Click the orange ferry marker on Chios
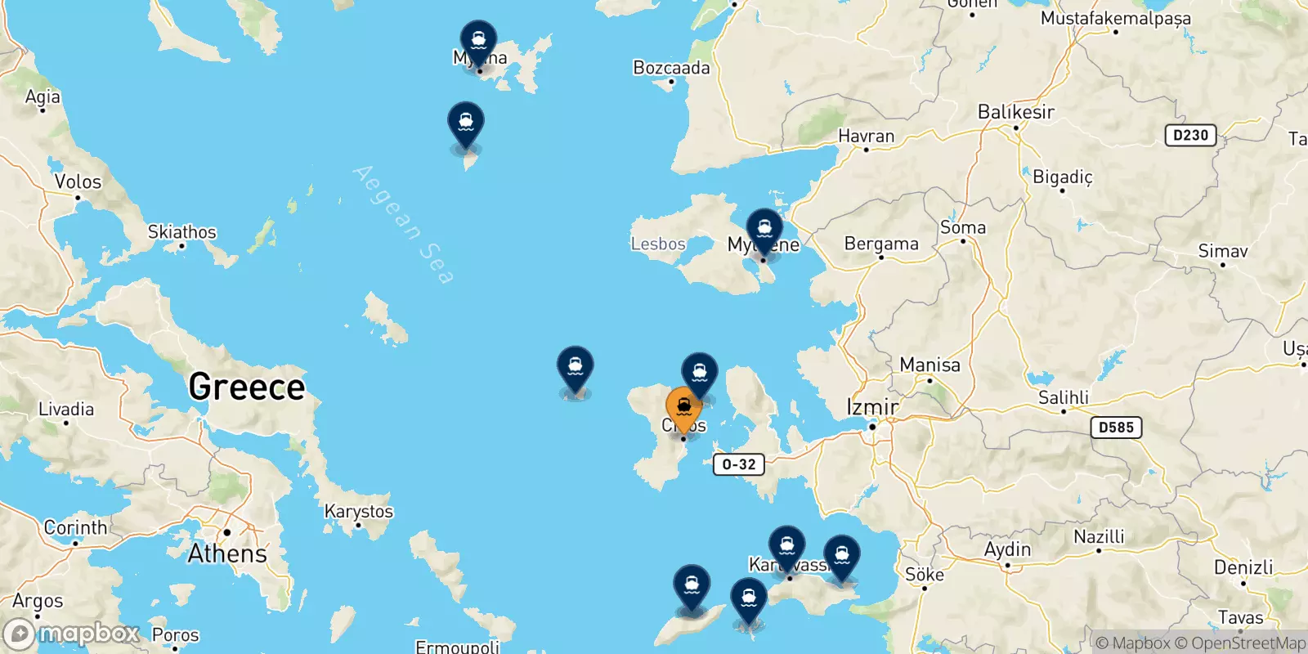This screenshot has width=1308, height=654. [x=683, y=406]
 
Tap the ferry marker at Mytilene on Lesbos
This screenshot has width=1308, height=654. [x=764, y=228]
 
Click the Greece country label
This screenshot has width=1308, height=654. [x=246, y=387]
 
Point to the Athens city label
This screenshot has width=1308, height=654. [x=227, y=553]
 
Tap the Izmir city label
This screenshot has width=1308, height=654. [x=872, y=406]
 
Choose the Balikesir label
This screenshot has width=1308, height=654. [x=1016, y=112]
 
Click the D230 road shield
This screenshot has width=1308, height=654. [x=1190, y=136]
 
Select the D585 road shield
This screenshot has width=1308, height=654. [x=1116, y=428]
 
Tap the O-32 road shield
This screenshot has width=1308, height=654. [x=739, y=464]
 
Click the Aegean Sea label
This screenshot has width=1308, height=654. [x=403, y=225]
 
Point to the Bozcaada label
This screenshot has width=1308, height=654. [x=671, y=68]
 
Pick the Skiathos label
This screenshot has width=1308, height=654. [x=181, y=232]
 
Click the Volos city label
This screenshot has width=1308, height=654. [x=78, y=181]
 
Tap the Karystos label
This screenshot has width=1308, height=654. [x=359, y=512]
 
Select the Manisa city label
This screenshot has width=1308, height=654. [x=929, y=365]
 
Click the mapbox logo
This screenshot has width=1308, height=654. [x=72, y=634]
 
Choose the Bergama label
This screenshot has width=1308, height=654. [x=881, y=244]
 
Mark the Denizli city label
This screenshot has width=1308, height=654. [x=1243, y=567]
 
